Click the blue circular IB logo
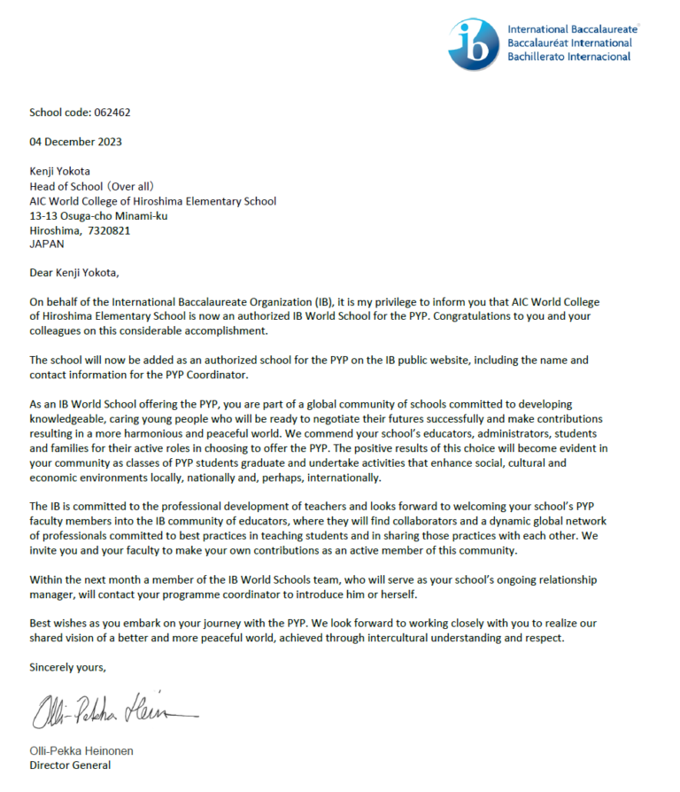coord(474,43)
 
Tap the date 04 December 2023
coord(75,142)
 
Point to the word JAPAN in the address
coord(46,244)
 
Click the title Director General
coord(70,765)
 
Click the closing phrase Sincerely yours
coord(67,666)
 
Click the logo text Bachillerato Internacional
coord(568,57)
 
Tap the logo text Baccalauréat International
coord(569,43)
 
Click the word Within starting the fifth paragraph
coord(47,579)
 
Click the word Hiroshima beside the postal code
coord(55,230)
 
